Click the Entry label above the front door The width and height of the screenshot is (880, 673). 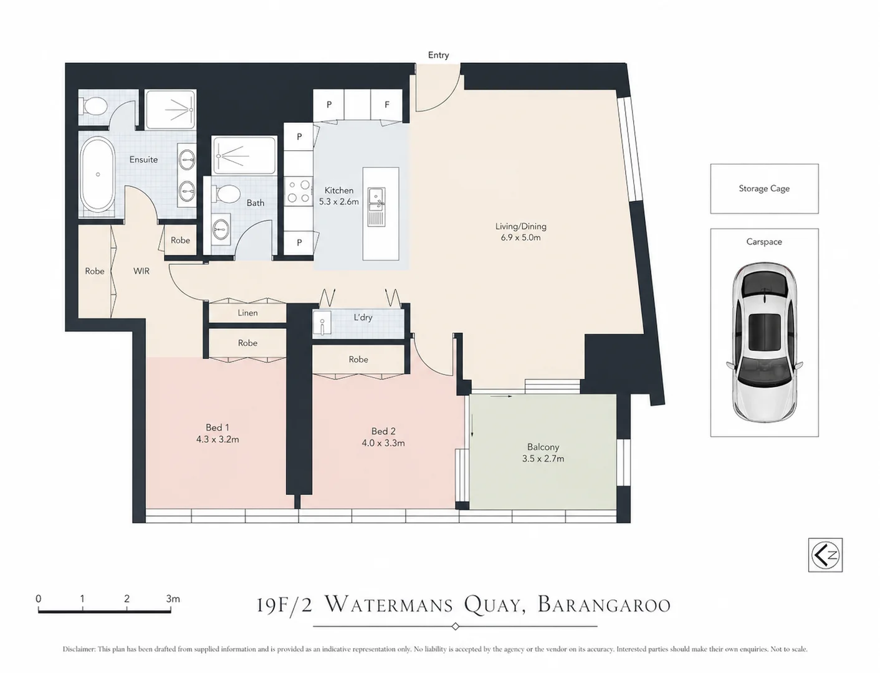(438, 55)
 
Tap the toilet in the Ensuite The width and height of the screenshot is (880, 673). (95, 107)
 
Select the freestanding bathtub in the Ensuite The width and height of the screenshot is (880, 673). (97, 174)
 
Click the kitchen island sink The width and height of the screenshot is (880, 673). (376, 199)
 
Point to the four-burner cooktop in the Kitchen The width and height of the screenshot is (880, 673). (299, 191)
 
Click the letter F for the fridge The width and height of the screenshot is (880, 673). (387, 105)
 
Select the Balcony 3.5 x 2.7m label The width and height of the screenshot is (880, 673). (543, 452)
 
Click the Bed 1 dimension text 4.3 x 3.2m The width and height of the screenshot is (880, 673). (218, 439)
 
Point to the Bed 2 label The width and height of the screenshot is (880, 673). (383, 431)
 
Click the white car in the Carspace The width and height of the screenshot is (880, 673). (765, 342)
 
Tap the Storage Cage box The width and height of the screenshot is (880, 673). (764, 188)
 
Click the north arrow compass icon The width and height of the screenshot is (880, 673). (825, 555)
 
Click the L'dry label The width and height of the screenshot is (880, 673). (363, 317)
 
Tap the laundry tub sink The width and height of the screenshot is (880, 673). (322, 323)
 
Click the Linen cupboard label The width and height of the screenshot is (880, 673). (247, 313)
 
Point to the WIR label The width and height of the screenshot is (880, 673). (141, 271)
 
